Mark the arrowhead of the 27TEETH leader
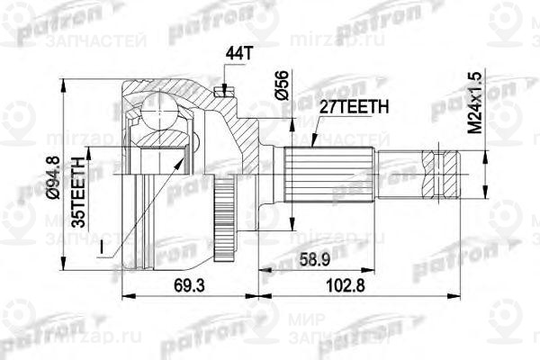(310, 144)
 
